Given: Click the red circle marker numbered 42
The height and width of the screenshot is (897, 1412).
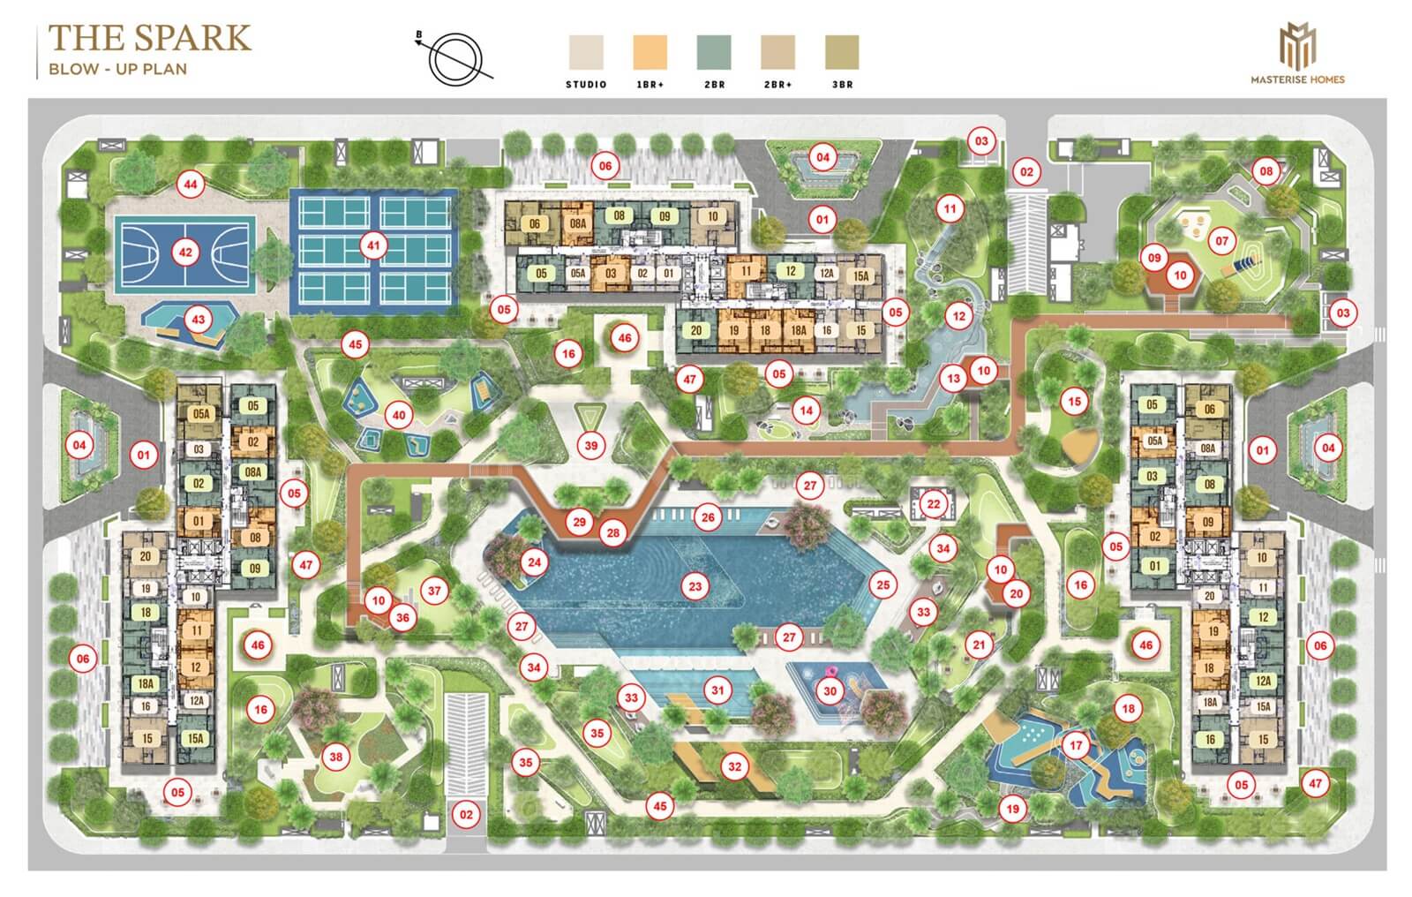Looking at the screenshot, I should pyautogui.click(x=185, y=252).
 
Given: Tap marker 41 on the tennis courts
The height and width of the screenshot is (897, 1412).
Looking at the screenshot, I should pyautogui.click(x=374, y=245).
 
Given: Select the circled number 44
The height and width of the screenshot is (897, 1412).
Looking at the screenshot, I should pyautogui.click(x=190, y=185).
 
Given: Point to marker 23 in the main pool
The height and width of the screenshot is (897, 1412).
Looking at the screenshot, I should pyautogui.click(x=695, y=585).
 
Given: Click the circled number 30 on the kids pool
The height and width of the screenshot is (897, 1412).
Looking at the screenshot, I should pyautogui.click(x=829, y=691).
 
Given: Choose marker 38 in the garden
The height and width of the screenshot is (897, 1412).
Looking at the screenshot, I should pyautogui.click(x=335, y=756).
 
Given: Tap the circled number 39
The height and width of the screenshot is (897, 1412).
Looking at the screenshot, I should pyautogui.click(x=591, y=445).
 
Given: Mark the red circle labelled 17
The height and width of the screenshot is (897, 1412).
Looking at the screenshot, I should pyautogui.click(x=1076, y=745).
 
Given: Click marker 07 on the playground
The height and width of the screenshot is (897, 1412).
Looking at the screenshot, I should pyautogui.click(x=1221, y=240).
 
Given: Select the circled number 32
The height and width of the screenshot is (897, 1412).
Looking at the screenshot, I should pyautogui.click(x=734, y=766).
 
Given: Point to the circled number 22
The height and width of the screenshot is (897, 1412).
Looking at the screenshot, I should pyautogui.click(x=934, y=504).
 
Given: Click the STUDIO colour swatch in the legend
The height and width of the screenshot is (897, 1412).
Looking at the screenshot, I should pyautogui.click(x=586, y=52).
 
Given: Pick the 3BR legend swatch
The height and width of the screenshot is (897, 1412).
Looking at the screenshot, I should pyautogui.click(x=842, y=52).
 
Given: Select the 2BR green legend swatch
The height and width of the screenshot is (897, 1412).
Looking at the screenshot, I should pyautogui.click(x=714, y=52).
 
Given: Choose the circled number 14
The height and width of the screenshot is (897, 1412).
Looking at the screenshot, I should pyautogui.click(x=805, y=411).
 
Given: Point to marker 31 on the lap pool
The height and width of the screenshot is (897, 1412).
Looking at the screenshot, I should pyautogui.click(x=718, y=690).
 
